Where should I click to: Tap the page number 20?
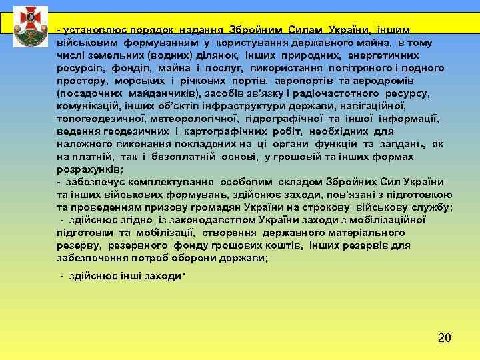[445, 338]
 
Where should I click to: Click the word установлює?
[90, 31]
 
